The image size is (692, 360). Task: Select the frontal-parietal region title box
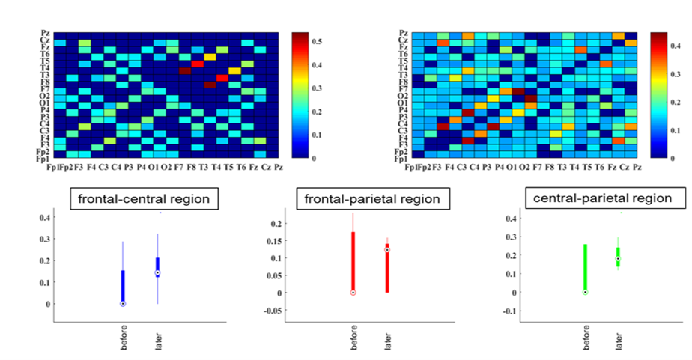(x=367, y=199)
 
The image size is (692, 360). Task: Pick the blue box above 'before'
(x=123, y=287)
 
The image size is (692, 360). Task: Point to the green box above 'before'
(x=585, y=267)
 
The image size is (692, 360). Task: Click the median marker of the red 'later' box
(x=387, y=250)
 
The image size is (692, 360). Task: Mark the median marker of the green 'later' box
(x=618, y=259)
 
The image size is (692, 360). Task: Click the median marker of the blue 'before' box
(x=123, y=304)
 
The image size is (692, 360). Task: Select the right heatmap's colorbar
(x=659, y=95)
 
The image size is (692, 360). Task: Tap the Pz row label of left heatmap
(x=46, y=33)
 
